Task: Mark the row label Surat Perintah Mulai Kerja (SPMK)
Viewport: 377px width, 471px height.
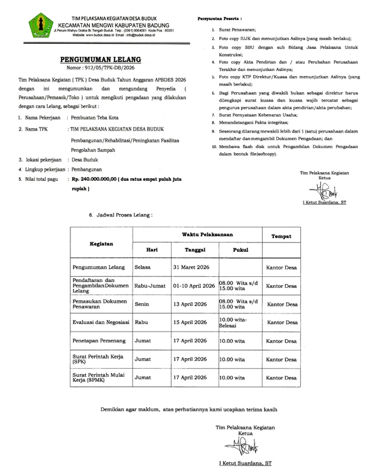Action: point(99,378)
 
